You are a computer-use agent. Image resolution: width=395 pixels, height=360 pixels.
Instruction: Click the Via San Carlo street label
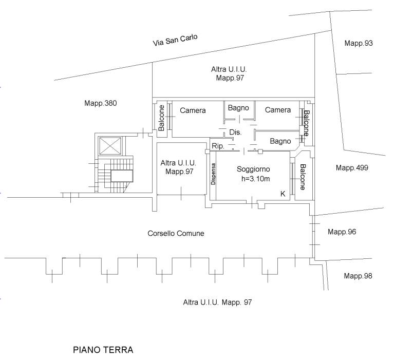[x=175, y=40]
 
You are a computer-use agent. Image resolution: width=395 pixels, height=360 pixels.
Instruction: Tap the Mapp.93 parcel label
[x=359, y=43]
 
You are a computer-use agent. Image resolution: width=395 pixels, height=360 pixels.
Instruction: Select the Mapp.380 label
[x=101, y=103]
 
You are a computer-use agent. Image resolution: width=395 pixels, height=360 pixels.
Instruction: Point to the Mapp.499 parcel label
[x=352, y=168]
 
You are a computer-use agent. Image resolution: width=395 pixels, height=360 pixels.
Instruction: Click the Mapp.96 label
[x=342, y=232]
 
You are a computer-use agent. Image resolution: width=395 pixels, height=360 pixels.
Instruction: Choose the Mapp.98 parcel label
[x=358, y=276]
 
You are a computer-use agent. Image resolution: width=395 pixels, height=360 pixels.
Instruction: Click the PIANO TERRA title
[x=103, y=350]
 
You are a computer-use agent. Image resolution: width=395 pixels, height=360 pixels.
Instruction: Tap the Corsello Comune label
[x=176, y=233]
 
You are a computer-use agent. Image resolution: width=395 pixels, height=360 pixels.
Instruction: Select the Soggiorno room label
[x=253, y=169]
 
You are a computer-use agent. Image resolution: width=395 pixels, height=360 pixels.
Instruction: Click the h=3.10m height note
[x=255, y=179]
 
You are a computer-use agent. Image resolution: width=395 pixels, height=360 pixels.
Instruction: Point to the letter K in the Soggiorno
[x=283, y=194]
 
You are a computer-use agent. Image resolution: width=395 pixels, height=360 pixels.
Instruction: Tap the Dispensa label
[x=213, y=174]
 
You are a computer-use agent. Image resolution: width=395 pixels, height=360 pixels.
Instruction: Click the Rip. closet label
[x=218, y=146]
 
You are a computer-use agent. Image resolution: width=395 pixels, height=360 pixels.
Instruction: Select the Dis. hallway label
[x=235, y=132]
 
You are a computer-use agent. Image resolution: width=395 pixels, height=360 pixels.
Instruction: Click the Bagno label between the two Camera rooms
[x=238, y=108]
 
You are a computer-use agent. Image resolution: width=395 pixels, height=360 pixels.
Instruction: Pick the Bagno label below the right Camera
[x=280, y=141]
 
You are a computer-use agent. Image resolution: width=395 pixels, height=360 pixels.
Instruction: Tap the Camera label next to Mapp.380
[x=193, y=110]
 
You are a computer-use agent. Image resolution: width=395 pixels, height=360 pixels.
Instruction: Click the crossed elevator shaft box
[x=110, y=146]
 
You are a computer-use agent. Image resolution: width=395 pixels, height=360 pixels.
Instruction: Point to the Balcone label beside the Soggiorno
[x=303, y=177]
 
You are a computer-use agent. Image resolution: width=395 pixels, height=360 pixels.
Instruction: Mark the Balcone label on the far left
[x=161, y=118]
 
